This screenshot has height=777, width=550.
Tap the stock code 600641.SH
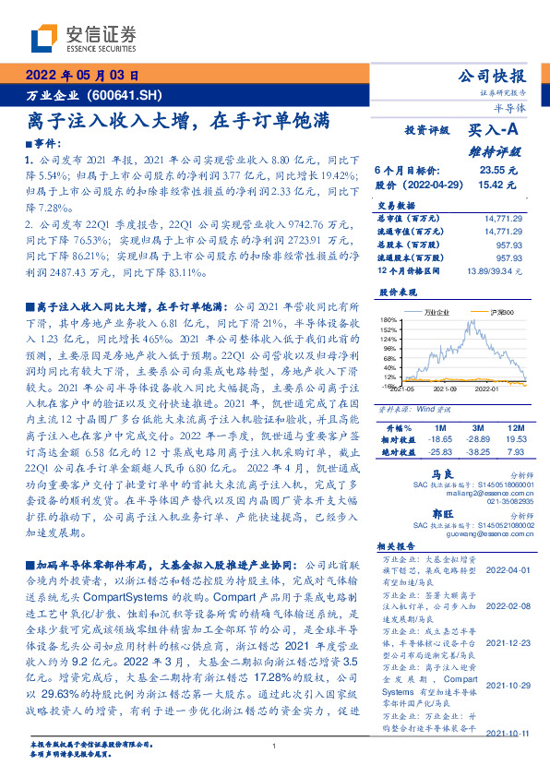[128, 95]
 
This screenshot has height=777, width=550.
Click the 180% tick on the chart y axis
[389, 320]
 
